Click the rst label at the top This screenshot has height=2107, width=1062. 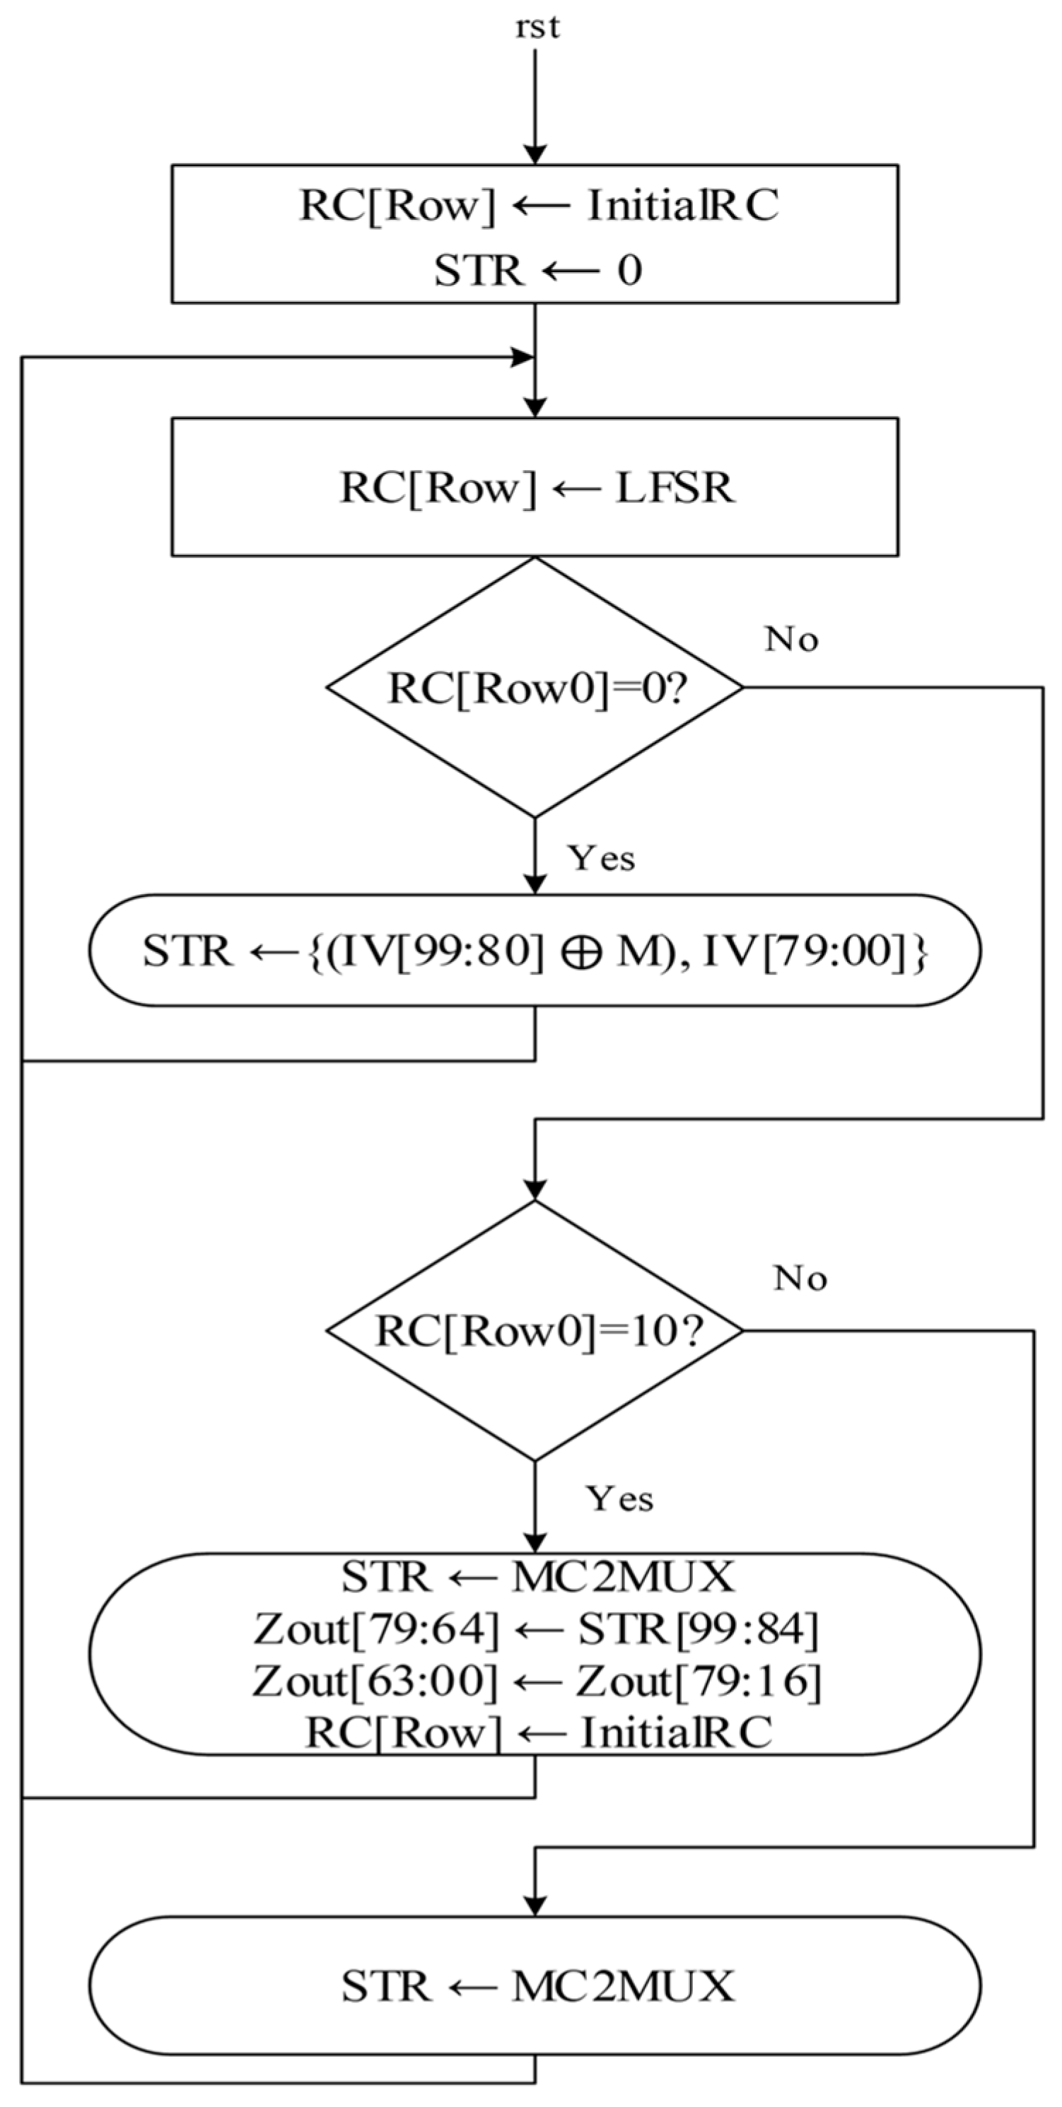coord(537,28)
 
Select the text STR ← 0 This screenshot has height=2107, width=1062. coord(537,271)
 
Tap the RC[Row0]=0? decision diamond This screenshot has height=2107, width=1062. coord(535,688)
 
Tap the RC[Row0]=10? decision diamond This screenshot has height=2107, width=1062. coord(535,1332)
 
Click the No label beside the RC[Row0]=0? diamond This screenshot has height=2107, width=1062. coord(791,640)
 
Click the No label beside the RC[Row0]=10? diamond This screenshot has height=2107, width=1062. coord(800,1279)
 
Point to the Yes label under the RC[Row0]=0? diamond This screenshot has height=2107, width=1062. coord(602,859)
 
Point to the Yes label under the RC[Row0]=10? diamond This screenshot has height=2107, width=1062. coord(619,1499)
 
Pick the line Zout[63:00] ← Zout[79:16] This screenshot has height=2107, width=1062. coord(535,1682)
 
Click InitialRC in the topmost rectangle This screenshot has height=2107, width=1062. coord(683,205)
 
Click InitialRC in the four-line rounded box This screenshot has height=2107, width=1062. coord(676,1732)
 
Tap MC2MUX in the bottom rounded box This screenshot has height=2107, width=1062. coord(623,1987)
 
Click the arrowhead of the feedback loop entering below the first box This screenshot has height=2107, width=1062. coord(522,358)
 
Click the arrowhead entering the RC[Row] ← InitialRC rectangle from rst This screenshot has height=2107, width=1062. coord(535,155)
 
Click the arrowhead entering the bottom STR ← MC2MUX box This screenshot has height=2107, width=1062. coord(535,1906)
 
